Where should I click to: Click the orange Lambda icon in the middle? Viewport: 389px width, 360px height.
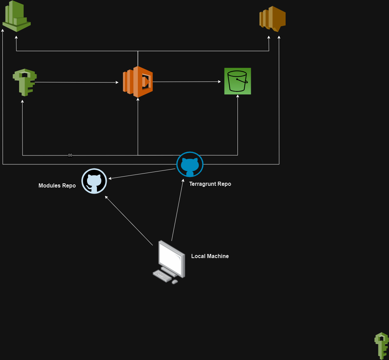click(138, 82)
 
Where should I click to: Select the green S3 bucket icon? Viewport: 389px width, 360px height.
click(237, 81)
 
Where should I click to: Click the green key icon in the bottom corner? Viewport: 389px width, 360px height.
click(381, 345)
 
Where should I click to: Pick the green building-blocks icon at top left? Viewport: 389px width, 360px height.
click(16, 16)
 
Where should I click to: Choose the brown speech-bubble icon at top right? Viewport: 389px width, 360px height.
click(272, 19)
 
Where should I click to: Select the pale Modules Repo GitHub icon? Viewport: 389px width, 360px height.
click(94, 181)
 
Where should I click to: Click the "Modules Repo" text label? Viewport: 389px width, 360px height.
click(57, 186)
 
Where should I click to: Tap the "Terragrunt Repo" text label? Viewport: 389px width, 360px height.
click(210, 184)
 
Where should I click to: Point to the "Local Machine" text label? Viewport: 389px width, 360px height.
click(210, 256)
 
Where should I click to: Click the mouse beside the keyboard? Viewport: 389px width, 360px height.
click(175, 282)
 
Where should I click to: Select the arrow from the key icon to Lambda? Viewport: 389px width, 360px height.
click(77, 82)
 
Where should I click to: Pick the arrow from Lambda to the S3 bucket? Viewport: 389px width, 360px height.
click(187, 82)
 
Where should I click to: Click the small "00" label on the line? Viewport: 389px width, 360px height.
click(70, 155)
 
